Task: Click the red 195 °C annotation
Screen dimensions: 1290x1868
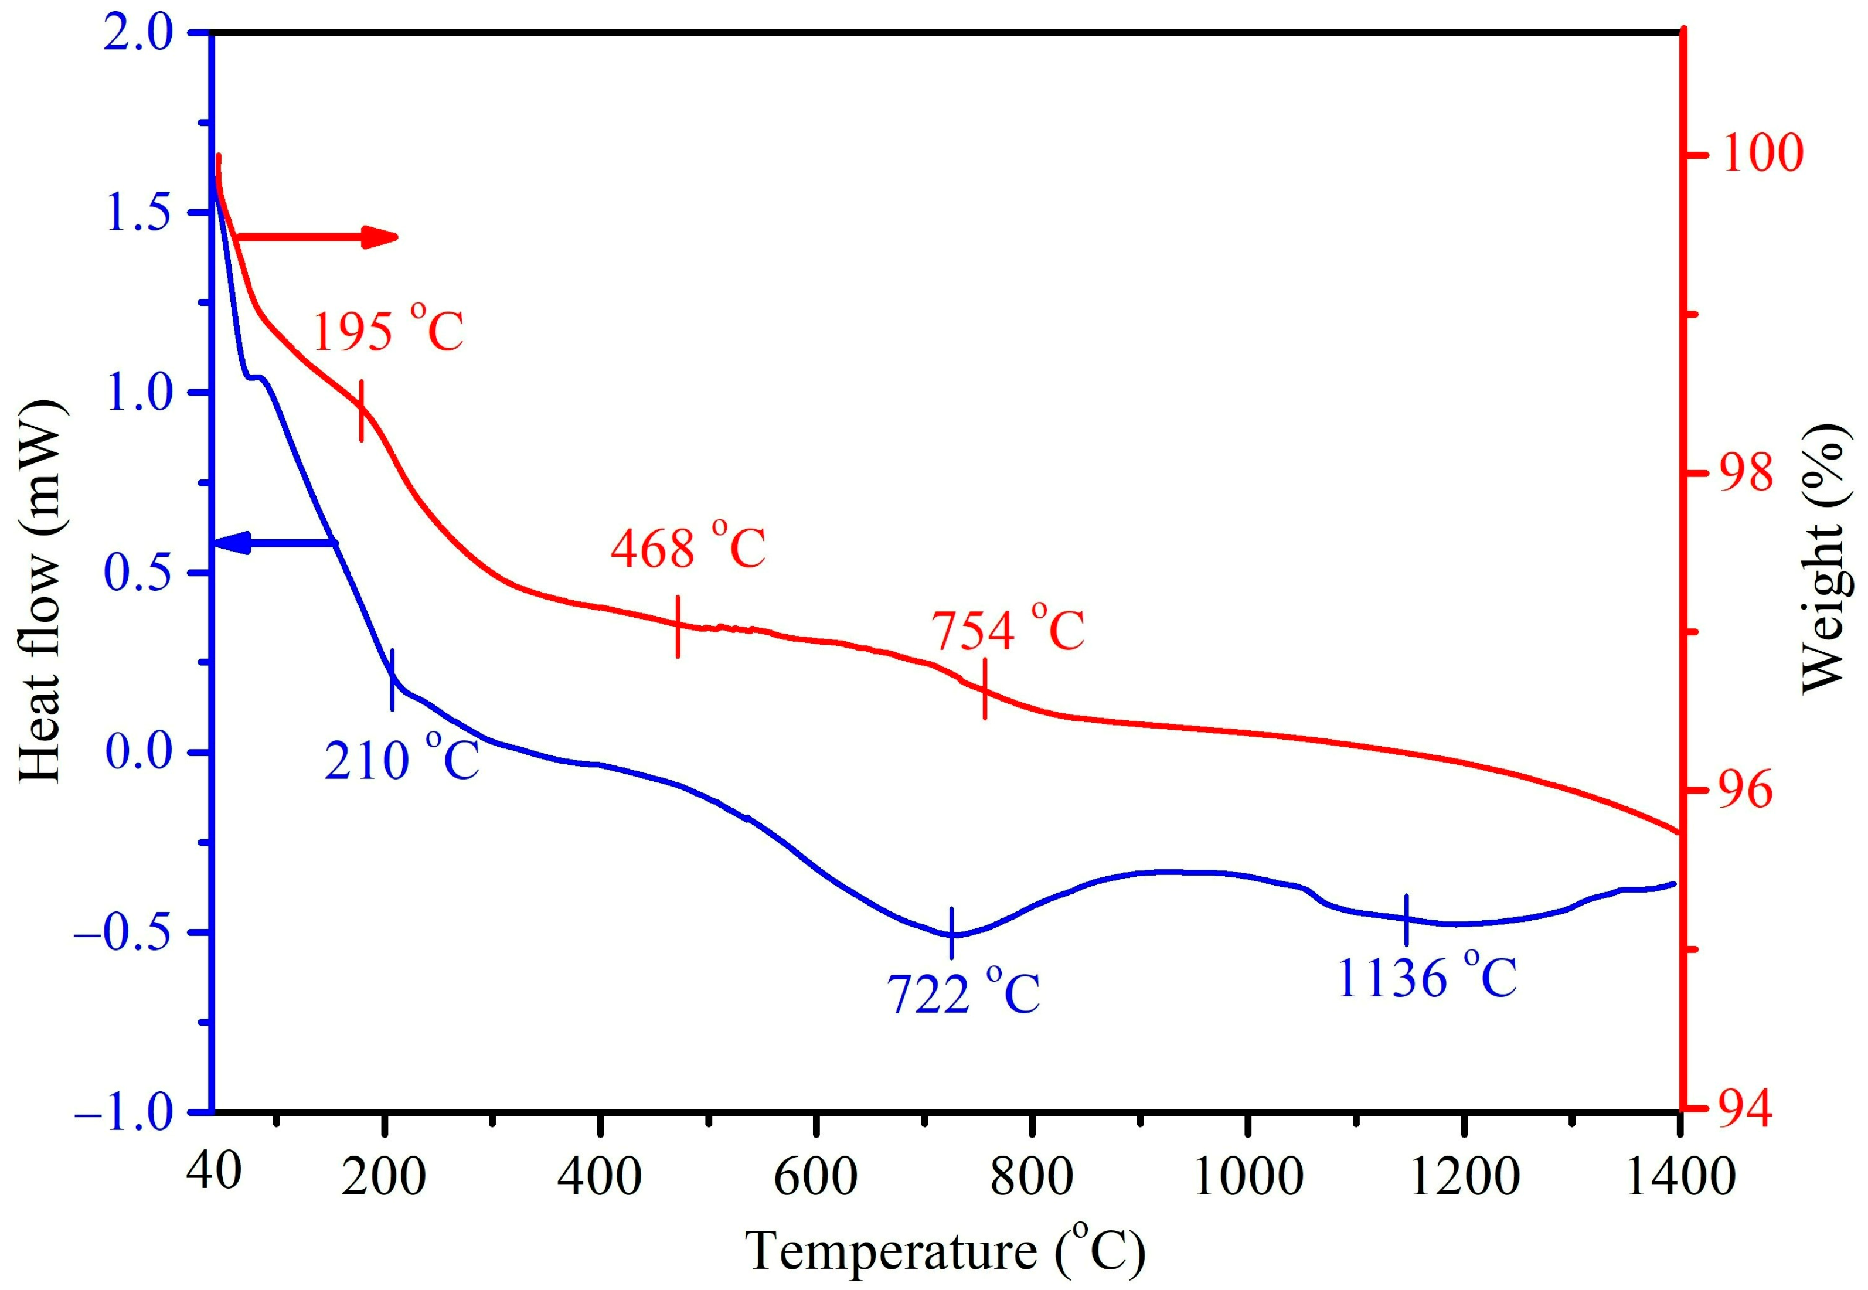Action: point(387,330)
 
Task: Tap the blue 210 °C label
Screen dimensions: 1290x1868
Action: point(401,760)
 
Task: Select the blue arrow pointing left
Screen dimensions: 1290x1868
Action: point(275,543)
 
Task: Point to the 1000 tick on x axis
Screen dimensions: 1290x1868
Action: point(1248,1177)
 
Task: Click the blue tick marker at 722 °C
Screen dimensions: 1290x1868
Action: point(952,934)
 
